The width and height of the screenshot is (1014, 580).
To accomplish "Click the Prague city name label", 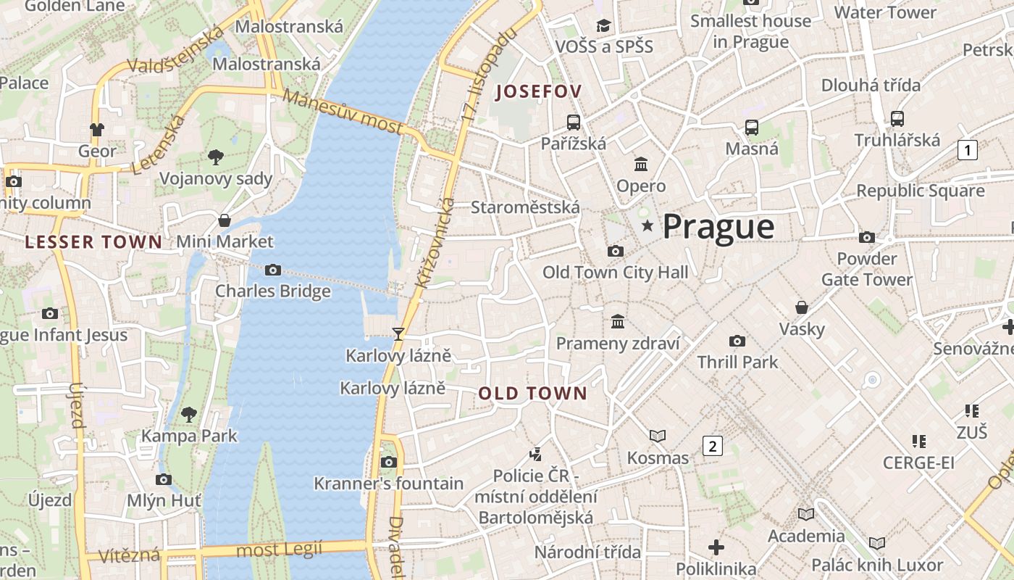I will pos(718,227).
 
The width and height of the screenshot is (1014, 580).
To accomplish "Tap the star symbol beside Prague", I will pos(648,227).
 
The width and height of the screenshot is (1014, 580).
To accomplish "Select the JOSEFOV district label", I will pos(538,91).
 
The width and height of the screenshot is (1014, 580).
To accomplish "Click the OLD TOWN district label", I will pos(532,394).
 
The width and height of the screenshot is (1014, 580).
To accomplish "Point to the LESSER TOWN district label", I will pos(93,242).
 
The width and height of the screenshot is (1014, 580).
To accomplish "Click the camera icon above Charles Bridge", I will pos(273,270).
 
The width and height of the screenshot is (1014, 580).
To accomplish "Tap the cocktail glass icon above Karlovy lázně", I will pos(398,333).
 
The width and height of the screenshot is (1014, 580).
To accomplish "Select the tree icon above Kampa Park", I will pos(189,415).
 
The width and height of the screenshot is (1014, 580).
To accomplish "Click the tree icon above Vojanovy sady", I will pos(215,157).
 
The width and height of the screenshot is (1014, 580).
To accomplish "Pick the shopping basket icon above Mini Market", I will pos(225,220).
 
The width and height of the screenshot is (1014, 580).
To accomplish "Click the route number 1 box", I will pos(967,150).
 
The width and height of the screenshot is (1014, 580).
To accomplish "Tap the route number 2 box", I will pos(712,446).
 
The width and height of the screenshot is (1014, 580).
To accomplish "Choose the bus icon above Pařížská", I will pos(574,122).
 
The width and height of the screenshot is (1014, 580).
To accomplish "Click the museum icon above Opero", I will pos(641,164).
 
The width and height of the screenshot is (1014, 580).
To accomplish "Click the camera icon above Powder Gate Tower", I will pos(866,237).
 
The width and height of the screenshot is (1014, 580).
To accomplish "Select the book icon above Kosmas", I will pos(658,436).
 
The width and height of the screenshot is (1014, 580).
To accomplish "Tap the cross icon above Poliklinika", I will pos(716,547).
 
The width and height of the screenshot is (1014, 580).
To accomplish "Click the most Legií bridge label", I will pos(279,550).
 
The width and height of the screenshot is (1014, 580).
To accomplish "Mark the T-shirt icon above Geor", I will pos(96,130).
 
